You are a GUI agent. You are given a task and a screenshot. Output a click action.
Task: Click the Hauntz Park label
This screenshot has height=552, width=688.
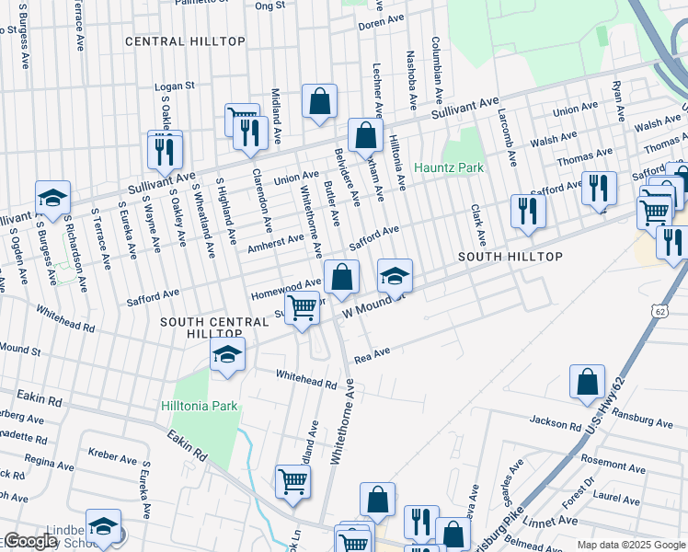pyautogui.click(x=448, y=168)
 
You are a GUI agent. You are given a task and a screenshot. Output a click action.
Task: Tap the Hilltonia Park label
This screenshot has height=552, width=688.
pyautogui.click(x=199, y=406)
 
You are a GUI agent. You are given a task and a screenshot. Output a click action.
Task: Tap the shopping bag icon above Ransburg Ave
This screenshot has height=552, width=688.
pyautogui.click(x=587, y=383)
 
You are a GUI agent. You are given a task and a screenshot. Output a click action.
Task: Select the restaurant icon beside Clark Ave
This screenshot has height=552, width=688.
pyautogui.click(x=528, y=211)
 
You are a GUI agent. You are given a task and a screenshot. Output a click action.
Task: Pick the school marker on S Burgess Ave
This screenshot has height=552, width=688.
pyautogui.click(x=53, y=198)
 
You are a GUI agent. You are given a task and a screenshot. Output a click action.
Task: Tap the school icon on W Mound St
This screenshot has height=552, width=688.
pyautogui.click(x=395, y=276)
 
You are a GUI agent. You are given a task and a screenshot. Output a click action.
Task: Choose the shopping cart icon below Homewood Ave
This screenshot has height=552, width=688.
pyautogui.click(x=302, y=309)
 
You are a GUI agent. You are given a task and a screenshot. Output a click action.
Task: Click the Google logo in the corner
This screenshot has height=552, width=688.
pyautogui.click(x=29, y=541)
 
